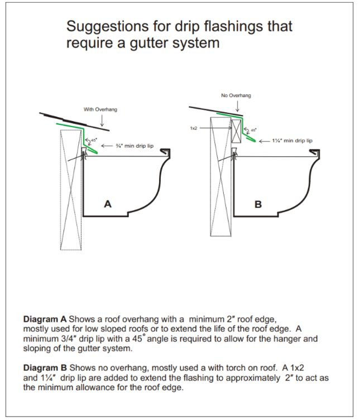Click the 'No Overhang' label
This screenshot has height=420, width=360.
pos(236,95)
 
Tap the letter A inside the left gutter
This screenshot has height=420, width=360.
pos(108,204)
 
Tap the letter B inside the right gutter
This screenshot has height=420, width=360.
pos(258,204)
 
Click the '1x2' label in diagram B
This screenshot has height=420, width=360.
pos(194,128)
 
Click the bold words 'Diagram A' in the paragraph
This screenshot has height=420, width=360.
pos(45,320)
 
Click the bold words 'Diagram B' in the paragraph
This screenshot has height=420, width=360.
pos(45,369)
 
